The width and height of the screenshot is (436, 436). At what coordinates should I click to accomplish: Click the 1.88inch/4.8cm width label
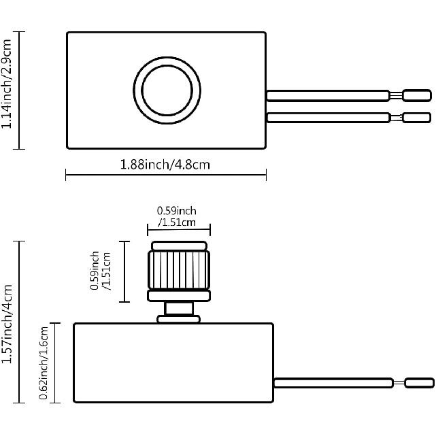pyautogui.click(x=165, y=164)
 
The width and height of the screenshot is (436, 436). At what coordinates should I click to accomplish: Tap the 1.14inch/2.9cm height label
pyautogui.click(x=7, y=90)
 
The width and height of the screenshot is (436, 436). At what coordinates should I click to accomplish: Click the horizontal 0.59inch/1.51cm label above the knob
pyautogui.click(x=177, y=216)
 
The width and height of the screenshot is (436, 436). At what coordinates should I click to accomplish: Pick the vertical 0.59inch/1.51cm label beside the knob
pyautogui.click(x=101, y=271)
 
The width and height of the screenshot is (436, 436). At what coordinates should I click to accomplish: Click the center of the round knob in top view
pyautogui.click(x=167, y=90)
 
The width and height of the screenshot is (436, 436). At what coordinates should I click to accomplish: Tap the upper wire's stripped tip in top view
pyautogui.click(x=416, y=96)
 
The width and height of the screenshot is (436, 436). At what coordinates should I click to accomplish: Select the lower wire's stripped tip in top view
pyautogui.click(x=416, y=118)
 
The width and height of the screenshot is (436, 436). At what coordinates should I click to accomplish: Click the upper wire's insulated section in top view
pyautogui.click(x=327, y=96)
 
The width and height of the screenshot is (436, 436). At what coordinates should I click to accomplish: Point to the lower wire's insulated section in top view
pyautogui.click(x=327, y=118)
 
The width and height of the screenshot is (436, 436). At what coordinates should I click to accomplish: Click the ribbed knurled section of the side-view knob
pyautogui.click(x=178, y=270)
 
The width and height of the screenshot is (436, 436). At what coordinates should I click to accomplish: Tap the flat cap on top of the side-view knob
pyautogui.click(x=178, y=245)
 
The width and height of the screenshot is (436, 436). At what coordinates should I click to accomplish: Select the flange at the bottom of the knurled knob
pyautogui.click(x=178, y=295)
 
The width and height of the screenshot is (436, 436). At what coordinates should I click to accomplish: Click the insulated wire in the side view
pyautogui.click(x=333, y=384)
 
